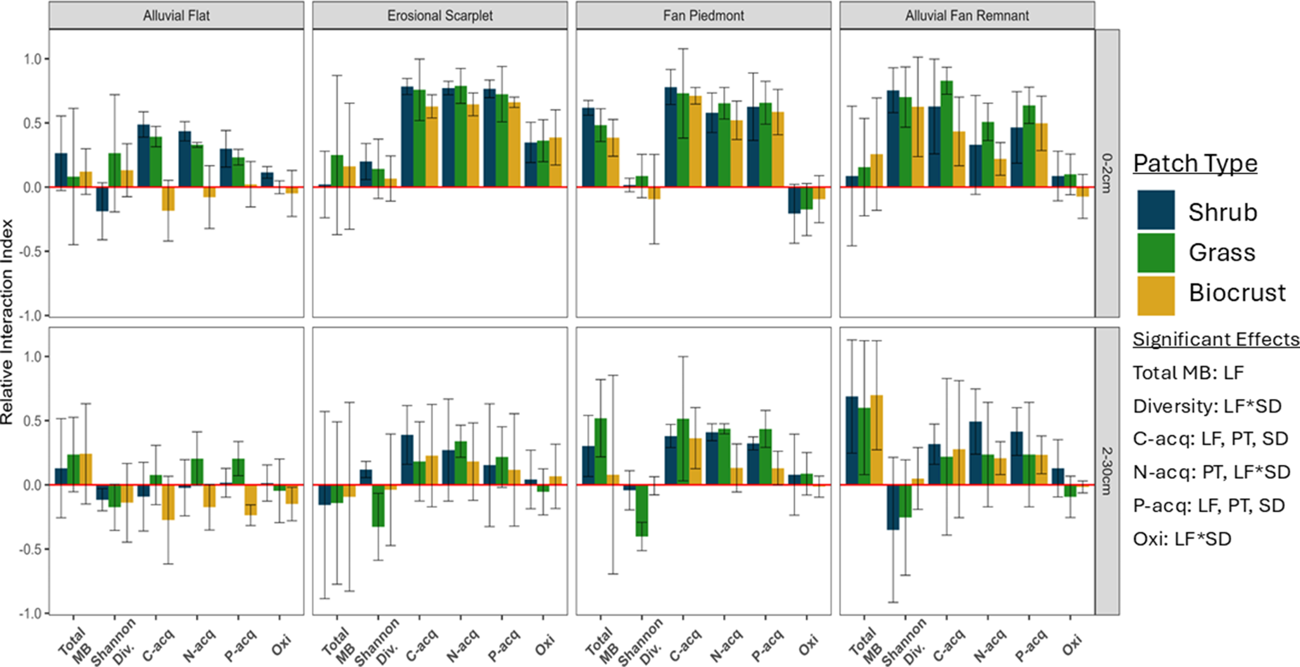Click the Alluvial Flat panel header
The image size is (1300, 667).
point(176,15)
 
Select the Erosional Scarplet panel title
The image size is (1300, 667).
point(439,15)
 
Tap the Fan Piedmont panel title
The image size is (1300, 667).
point(703,15)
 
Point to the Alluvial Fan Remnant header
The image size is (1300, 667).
point(967,15)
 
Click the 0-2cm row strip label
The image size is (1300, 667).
point(1107,172)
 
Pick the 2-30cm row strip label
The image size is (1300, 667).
point(1107,470)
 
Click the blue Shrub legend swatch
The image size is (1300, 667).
point(1155,210)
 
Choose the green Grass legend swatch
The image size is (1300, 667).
point(1155,252)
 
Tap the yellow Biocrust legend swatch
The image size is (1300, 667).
point(1155,295)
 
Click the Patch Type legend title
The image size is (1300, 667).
point(1195,164)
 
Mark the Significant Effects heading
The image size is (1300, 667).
point(1216,339)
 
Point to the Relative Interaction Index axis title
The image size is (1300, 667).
point(8,322)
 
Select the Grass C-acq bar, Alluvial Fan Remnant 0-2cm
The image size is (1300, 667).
point(946,134)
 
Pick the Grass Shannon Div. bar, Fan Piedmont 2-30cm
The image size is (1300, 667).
point(642,510)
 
